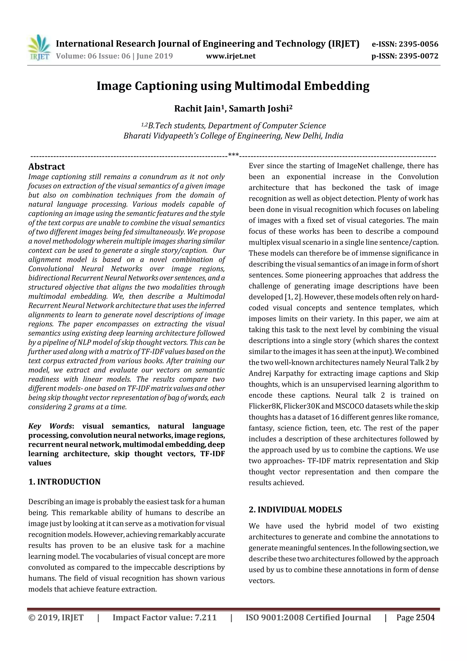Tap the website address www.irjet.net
pos(231,56)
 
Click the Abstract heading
pos(47,167)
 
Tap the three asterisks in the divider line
pos(233,155)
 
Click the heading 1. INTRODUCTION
pos(65,482)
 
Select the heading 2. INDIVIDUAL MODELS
pos(295,510)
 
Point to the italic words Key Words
pos(50,426)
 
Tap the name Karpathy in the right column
pos(291,374)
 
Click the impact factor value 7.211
pos(205,618)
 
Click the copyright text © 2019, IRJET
pos(56,618)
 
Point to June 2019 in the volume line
pos(155,56)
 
